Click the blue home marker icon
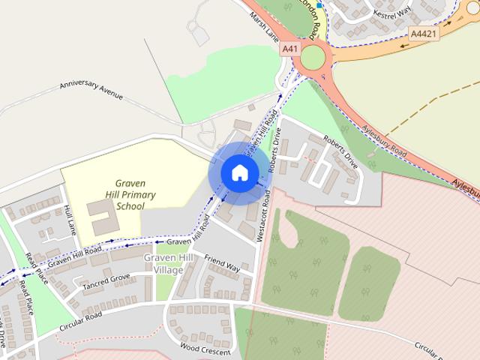click(239, 172)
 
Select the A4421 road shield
click(424, 34)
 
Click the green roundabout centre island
click(312, 58)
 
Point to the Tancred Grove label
click(106, 282)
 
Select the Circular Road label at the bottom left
click(82, 320)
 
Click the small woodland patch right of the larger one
click(368, 283)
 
